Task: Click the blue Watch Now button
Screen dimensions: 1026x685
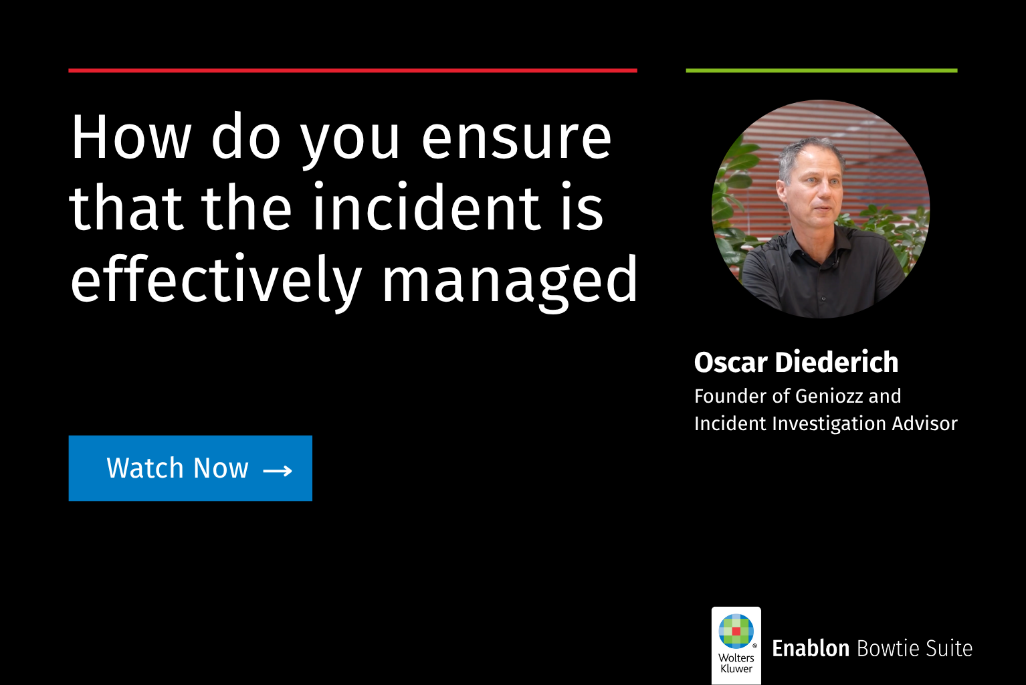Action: coord(191,468)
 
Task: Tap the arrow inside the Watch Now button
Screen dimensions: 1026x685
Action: coord(278,470)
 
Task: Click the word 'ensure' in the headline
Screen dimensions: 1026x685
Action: coord(516,137)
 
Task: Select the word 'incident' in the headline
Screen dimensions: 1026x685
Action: coord(427,206)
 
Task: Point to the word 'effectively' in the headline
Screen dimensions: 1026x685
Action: coord(216,280)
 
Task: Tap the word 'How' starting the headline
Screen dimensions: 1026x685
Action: coord(130,137)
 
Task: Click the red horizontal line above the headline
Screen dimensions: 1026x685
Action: coord(352,70)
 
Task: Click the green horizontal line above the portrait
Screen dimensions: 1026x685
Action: coord(822,70)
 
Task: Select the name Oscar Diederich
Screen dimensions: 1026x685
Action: coord(796,363)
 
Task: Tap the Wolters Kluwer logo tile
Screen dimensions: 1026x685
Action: coord(736,645)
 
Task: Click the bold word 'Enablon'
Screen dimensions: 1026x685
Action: coord(811,648)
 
